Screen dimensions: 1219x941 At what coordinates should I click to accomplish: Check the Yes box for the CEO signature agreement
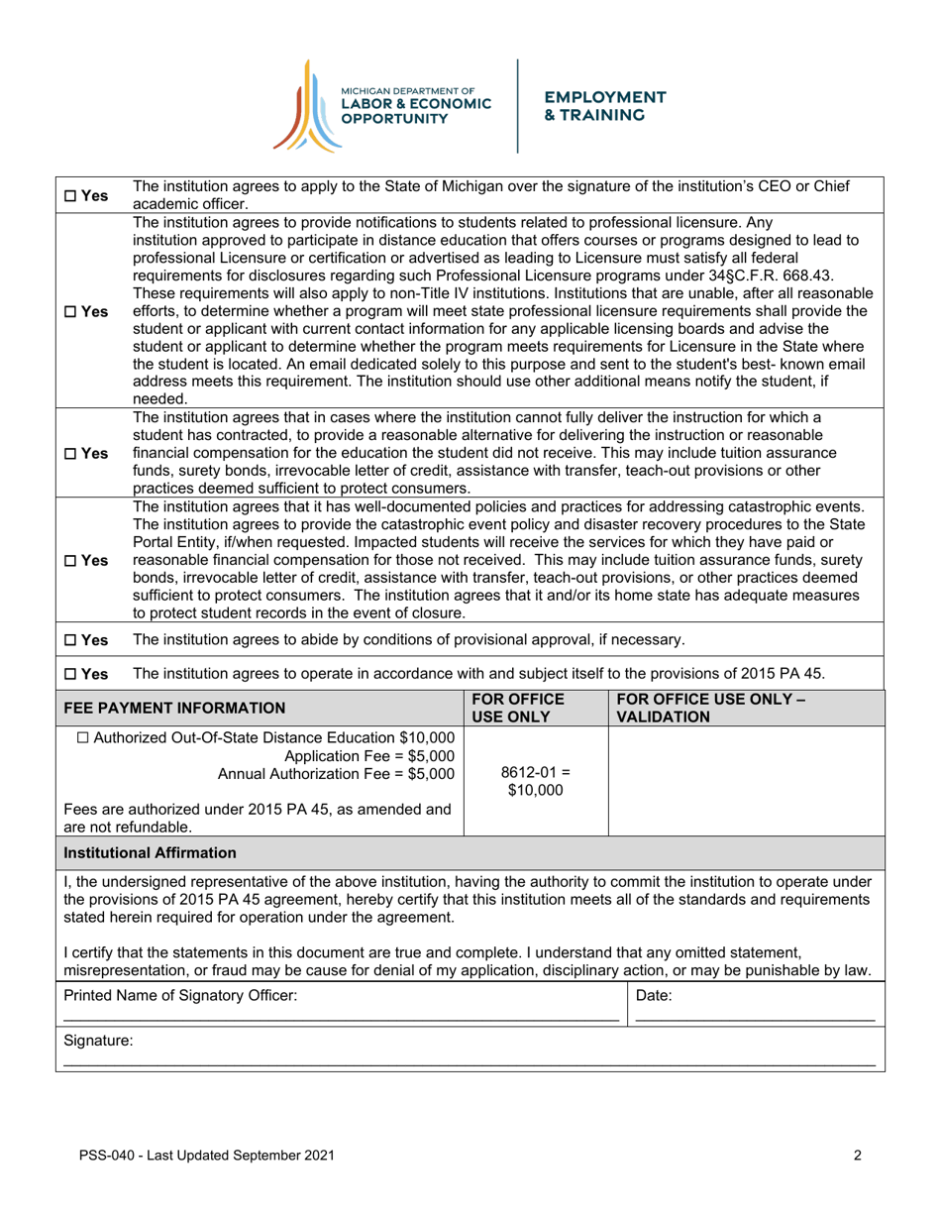[72, 196]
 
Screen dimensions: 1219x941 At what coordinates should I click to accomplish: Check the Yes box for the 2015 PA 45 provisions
[72, 675]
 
